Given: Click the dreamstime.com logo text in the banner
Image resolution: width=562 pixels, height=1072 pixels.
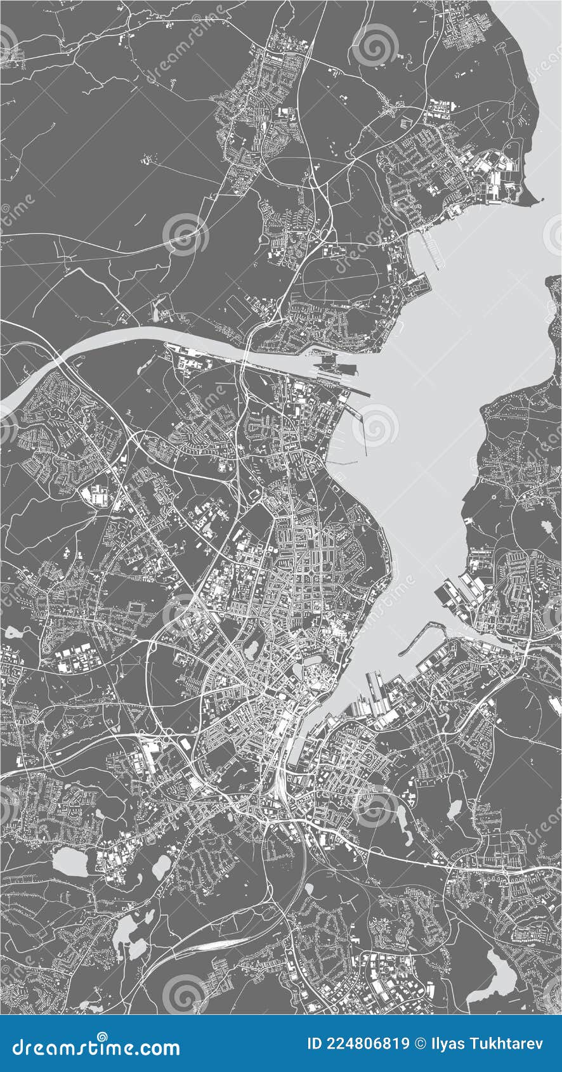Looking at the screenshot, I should click(95, 1048).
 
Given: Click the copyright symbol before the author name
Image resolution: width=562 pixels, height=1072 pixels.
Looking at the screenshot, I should click(421, 1043).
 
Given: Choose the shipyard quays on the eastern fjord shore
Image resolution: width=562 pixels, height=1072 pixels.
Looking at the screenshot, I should click(457, 593).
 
